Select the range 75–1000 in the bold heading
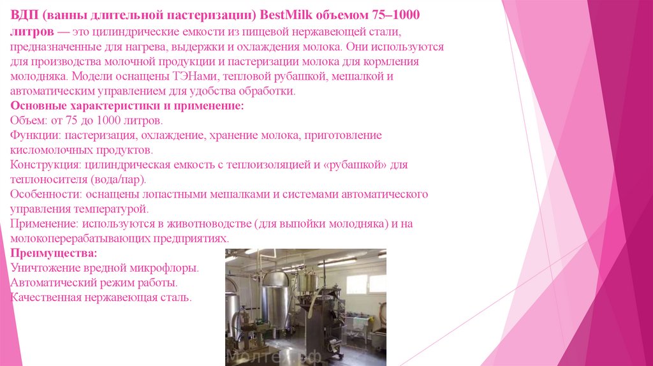(x=400, y=15)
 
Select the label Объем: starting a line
(x=29, y=121)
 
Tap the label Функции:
(x=34, y=135)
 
